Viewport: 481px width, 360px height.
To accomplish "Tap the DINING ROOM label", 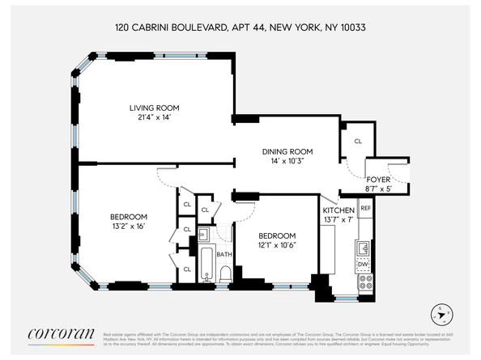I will point(287,151).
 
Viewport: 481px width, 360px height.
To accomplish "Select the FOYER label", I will point(378,180).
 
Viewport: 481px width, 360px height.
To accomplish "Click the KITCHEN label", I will point(338,210).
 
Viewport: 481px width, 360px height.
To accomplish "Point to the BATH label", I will point(223,254).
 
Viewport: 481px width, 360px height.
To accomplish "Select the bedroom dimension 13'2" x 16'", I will point(129,227).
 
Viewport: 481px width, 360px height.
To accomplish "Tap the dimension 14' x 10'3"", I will point(287,162).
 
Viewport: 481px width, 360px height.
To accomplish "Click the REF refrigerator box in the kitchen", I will point(365,208).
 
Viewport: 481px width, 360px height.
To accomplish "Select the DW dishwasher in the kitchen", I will point(364,264).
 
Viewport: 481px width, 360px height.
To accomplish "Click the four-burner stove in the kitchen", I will point(365,282).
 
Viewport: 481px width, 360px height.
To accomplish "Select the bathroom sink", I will point(204,235).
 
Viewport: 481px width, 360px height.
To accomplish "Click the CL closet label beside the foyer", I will point(357,141).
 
